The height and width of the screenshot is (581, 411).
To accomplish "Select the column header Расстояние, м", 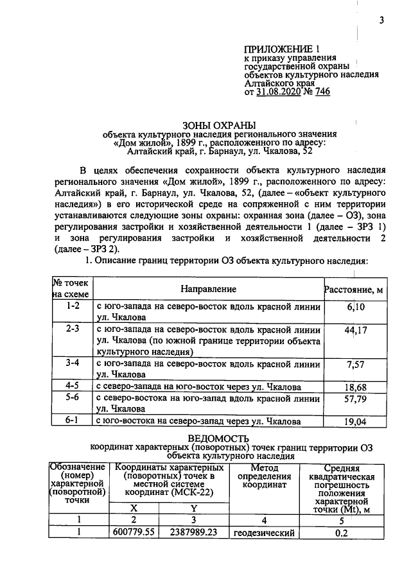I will pos(354,290).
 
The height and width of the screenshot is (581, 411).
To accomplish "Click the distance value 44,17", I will pos(355,331).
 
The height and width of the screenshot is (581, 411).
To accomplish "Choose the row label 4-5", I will pos(73,386).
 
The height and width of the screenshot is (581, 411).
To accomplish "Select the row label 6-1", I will pos(73,421).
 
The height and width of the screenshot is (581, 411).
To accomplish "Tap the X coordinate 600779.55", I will pos(135,533).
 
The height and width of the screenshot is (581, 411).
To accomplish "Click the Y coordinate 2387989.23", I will pos(194,533).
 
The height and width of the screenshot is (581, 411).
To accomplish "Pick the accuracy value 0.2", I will pos(341,533).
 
